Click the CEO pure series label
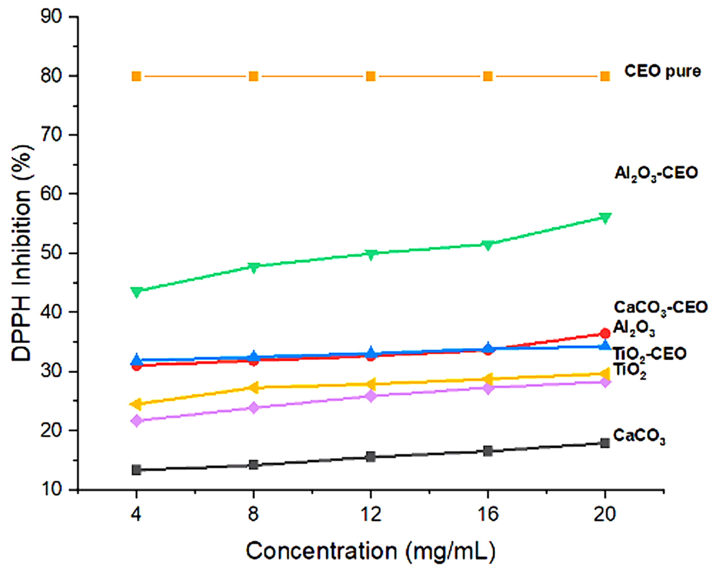tap(662, 72)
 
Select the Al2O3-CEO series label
tap(656, 173)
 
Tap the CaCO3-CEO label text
tap(660, 308)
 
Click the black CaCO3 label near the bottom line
tap(639, 436)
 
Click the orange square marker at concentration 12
tap(370, 76)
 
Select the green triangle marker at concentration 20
tap(605, 218)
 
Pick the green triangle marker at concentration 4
tap(136, 292)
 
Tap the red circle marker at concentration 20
tap(605, 333)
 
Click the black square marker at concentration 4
tap(136, 470)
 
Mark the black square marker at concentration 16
tap(488, 451)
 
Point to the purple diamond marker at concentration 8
tap(254, 408)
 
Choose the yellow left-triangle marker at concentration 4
tap(136, 403)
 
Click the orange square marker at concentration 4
tap(136, 76)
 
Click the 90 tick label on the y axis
tap(51, 17)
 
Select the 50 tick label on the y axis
tap(51, 253)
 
